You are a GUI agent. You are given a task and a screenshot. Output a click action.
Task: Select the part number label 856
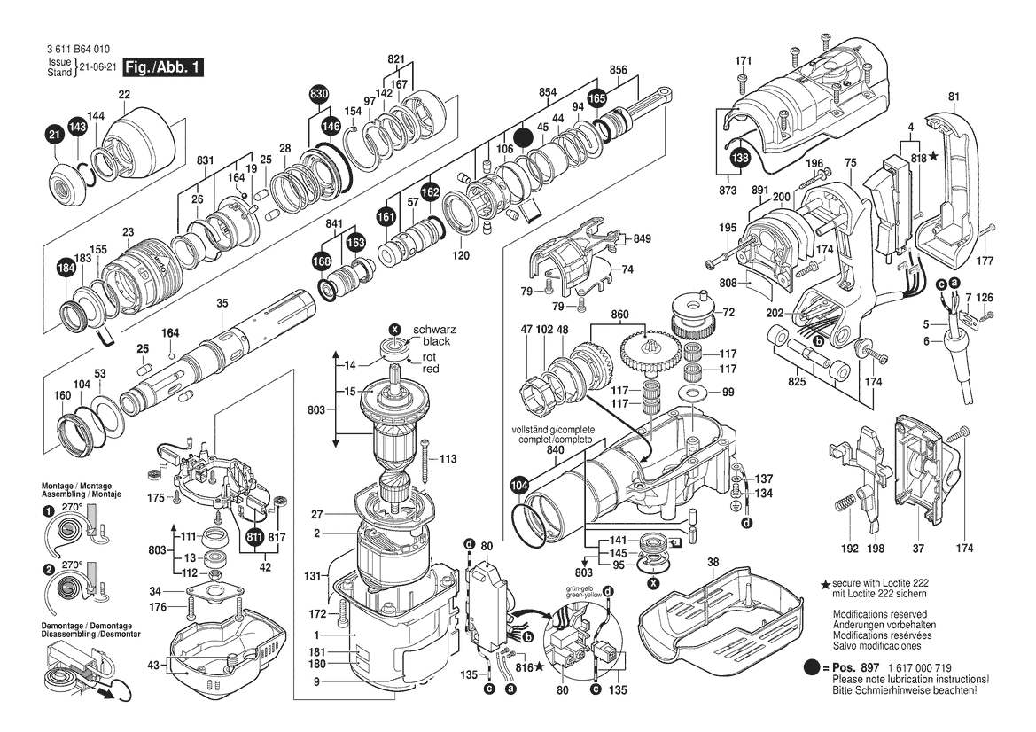click(619, 69)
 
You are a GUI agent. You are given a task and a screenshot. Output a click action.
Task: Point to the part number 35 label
click(222, 303)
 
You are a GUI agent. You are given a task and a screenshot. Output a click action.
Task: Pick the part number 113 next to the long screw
click(448, 459)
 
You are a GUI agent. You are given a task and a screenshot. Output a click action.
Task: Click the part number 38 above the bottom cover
click(713, 563)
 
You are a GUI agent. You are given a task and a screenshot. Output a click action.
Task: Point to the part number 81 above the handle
click(953, 97)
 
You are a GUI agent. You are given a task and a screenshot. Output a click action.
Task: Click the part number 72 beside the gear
click(728, 313)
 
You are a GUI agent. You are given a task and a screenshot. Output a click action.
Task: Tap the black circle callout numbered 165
click(597, 99)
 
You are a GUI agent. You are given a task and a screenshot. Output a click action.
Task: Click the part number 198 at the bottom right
click(876, 549)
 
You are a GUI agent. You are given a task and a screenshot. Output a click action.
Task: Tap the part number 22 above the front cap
click(124, 95)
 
